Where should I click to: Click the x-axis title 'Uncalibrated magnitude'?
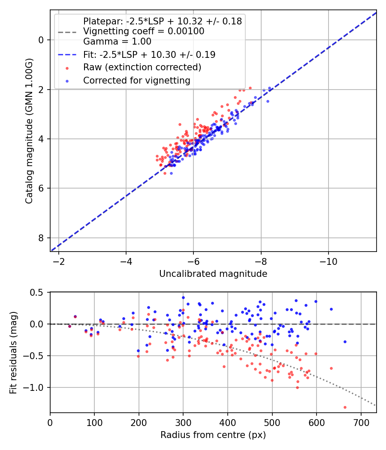click(x=213, y=274)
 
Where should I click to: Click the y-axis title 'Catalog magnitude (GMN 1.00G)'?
click(x=29, y=131)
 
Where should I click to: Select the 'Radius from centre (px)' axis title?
click(x=213, y=435)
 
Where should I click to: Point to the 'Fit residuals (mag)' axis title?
click(x=13, y=352)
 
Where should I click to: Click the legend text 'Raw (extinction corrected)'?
click(x=142, y=67)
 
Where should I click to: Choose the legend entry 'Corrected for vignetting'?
click(x=136, y=80)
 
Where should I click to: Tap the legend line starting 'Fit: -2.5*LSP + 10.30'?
click(x=149, y=54)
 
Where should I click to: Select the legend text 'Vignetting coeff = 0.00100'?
click(x=144, y=31)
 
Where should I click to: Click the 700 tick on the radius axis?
click(x=361, y=422)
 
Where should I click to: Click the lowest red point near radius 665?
click(x=345, y=407)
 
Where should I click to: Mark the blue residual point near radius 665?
click(x=345, y=342)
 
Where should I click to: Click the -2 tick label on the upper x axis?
click(x=59, y=261)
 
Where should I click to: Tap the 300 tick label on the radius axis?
click(x=183, y=422)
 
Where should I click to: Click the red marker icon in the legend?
click(x=66, y=68)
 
